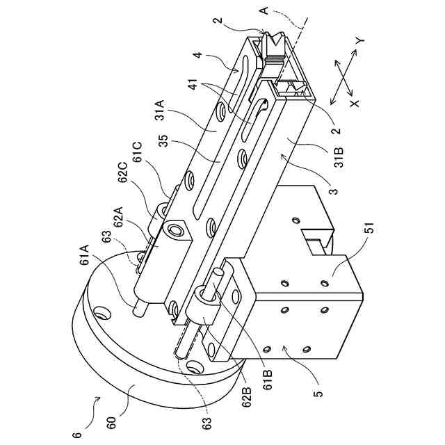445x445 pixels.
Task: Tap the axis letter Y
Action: [359, 41]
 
